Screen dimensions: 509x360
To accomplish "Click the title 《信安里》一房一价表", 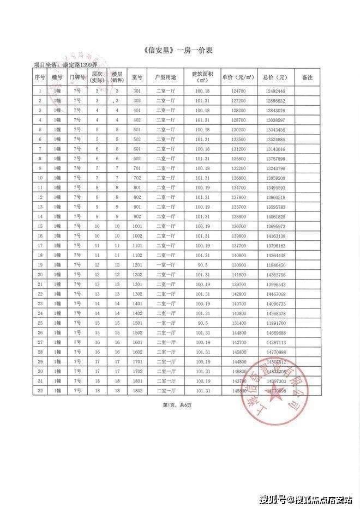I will point(179,51).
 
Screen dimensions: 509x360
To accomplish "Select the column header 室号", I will point(137,77).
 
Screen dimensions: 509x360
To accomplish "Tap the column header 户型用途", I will point(166,77).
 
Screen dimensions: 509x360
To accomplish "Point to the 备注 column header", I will point(307,77).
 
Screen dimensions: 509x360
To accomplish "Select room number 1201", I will point(137,264).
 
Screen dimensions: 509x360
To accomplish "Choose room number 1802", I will point(137,391).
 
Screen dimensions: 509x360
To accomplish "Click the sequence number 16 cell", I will point(40,235).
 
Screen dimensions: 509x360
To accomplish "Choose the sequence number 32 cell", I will point(40,391).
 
